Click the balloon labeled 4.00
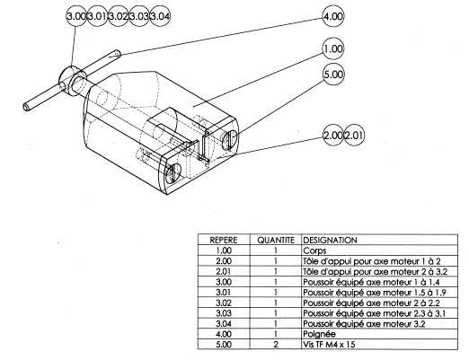tap(333, 16)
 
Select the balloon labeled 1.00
tap(333, 48)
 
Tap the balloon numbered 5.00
tap(333, 74)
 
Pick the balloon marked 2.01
tap(354, 136)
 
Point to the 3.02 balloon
tap(118, 16)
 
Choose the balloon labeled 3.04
tap(160, 16)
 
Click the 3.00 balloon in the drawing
tap(76, 16)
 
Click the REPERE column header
tap(224, 240)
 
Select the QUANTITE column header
tap(276, 240)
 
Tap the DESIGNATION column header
tap(330, 240)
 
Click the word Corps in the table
tap(314, 250)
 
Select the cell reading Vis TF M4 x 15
tap(329, 344)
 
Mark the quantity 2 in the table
tap(276, 344)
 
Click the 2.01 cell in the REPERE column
tap(224, 271)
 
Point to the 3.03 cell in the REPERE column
tap(224, 313)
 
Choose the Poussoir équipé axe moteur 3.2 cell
tap(364, 323)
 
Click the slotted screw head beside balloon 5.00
tap(230, 139)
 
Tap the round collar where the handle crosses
tap(72, 81)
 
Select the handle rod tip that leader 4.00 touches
tap(116, 54)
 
